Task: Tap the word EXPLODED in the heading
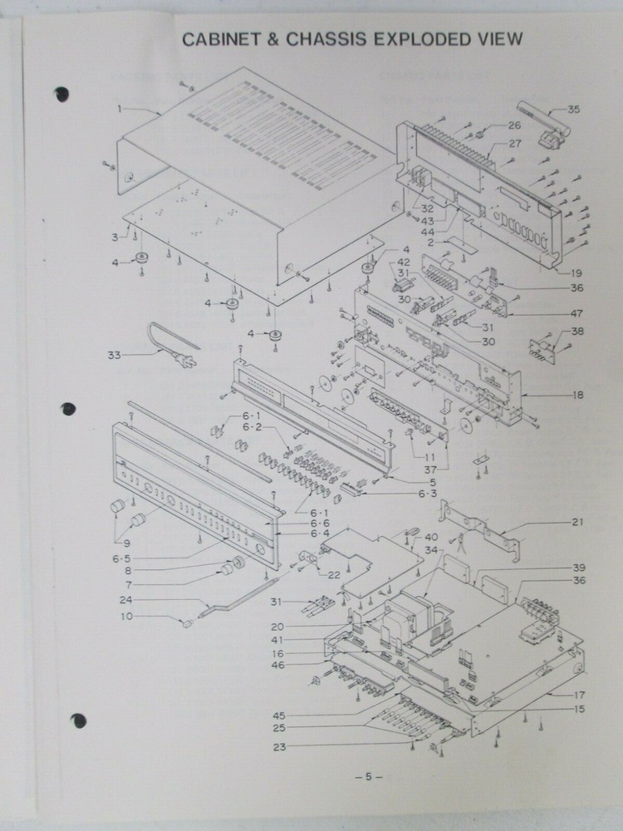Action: (422, 39)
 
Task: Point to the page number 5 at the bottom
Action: (368, 777)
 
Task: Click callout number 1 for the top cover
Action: (120, 109)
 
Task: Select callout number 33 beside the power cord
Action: (115, 355)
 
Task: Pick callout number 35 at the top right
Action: (574, 109)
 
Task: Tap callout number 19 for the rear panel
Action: (576, 273)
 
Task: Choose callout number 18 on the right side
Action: (577, 395)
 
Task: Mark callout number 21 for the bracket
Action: (577, 522)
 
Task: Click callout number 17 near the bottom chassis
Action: (579, 695)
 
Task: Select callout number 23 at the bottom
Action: (279, 747)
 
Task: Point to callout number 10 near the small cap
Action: (126, 617)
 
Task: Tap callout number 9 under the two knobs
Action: (126, 543)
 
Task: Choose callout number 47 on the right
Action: (576, 314)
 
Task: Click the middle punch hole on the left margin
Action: (68, 409)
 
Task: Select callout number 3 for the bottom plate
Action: (115, 238)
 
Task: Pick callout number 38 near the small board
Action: (577, 332)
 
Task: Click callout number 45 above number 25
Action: (279, 716)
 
